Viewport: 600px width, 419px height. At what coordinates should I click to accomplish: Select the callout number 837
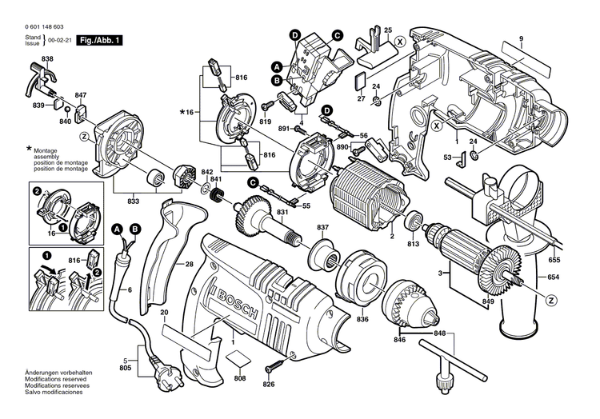[x=323, y=228]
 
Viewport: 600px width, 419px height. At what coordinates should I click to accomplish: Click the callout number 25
[x=388, y=30]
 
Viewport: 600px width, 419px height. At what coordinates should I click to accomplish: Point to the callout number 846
[x=400, y=341]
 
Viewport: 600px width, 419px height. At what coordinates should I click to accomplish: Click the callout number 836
[x=363, y=320]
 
